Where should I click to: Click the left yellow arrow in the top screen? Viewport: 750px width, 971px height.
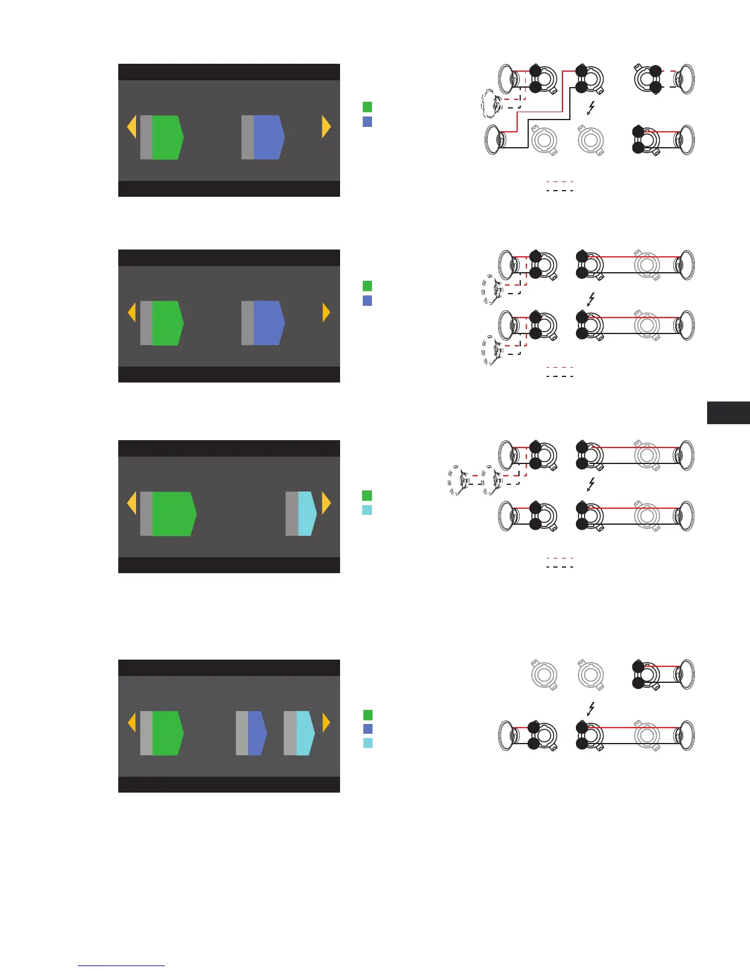click(131, 128)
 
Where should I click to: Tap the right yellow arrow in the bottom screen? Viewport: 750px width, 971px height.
click(327, 723)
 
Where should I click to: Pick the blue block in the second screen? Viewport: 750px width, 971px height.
click(268, 323)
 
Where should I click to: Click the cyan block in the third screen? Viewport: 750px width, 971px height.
click(307, 514)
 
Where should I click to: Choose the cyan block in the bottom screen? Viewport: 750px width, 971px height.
click(305, 733)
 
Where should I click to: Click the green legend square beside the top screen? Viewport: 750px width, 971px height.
click(368, 107)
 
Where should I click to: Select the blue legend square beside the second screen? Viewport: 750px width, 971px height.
click(368, 300)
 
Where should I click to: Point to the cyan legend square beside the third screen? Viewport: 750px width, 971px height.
click(368, 510)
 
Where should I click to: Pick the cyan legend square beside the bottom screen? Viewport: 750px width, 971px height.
click(368, 743)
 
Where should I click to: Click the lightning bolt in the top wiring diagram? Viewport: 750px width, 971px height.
click(591, 109)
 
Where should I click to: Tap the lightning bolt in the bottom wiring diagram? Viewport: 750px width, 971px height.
click(591, 709)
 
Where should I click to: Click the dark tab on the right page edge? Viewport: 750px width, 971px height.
click(729, 413)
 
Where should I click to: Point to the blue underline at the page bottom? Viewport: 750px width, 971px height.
click(121, 966)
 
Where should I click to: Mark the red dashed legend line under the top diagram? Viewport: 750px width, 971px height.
click(559, 181)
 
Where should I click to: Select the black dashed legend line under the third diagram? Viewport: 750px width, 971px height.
click(559, 566)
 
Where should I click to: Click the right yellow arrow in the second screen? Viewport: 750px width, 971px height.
click(327, 313)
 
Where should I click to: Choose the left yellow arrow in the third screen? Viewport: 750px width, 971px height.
click(131, 504)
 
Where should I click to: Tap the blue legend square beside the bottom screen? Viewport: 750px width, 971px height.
click(368, 729)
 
